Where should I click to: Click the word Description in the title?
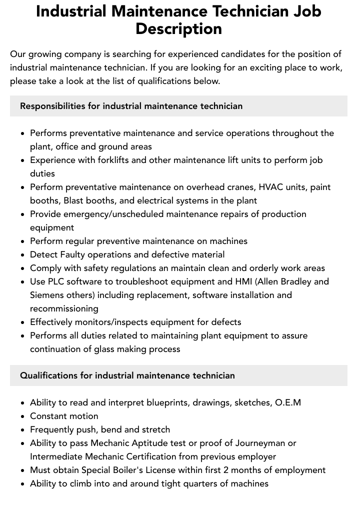[x=178, y=29]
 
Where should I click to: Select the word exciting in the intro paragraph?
[x=264, y=67]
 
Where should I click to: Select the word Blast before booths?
[x=74, y=201]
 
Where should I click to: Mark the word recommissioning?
[x=64, y=309]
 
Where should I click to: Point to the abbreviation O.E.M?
[x=288, y=402]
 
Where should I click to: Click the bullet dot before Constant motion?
[x=22, y=416]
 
